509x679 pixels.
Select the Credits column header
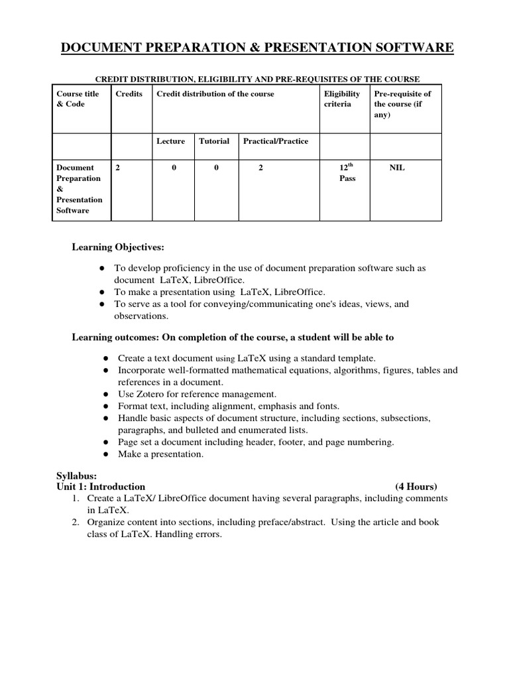pyautogui.click(x=129, y=94)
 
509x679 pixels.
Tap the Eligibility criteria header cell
pyautogui.click(x=342, y=99)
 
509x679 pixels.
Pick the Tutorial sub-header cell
pyautogui.click(x=214, y=141)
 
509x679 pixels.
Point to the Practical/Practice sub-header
pyautogui.click(x=276, y=141)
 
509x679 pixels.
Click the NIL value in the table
pyautogui.click(x=396, y=168)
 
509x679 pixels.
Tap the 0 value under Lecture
pyautogui.click(x=174, y=168)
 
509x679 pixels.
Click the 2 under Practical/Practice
pyautogui.click(x=261, y=168)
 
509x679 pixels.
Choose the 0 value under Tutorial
pyautogui.click(x=216, y=168)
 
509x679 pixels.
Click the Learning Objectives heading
pyautogui.click(x=117, y=247)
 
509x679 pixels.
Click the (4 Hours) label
pyautogui.click(x=416, y=486)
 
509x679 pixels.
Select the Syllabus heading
pyautogui.click(x=77, y=475)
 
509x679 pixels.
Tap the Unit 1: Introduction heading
pyautogui.click(x=101, y=486)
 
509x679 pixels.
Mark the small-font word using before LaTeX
pyautogui.click(x=226, y=359)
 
